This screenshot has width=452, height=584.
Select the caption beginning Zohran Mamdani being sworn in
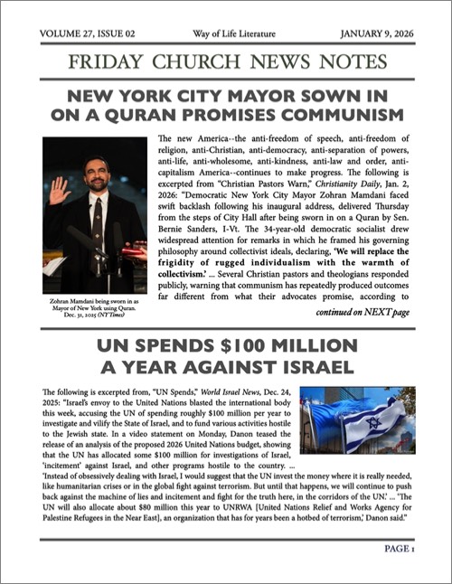coord(93,304)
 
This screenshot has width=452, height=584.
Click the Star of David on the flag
coord(372,424)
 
